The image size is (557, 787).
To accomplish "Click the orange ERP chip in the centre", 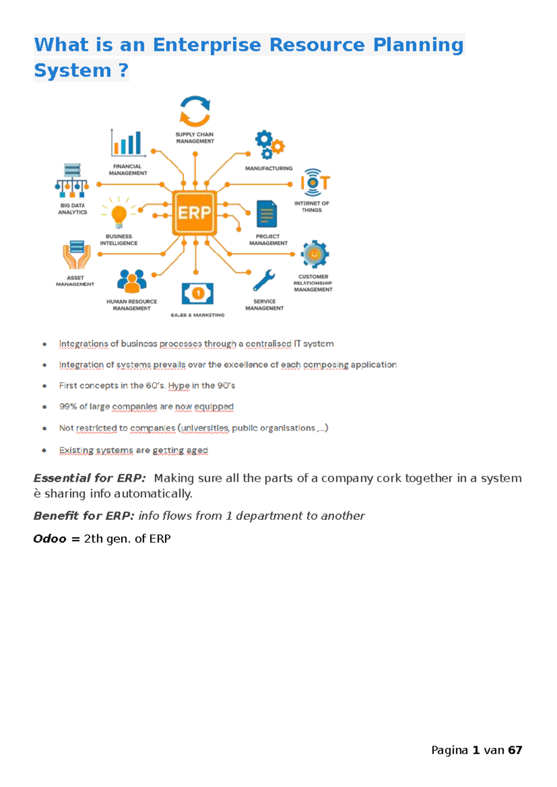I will [x=194, y=213].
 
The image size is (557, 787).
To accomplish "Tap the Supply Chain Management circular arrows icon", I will [x=195, y=111].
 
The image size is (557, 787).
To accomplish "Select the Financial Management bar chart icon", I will [x=128, y=143].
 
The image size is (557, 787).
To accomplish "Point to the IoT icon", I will [x=315, y=183].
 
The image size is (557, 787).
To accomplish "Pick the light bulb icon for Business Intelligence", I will [x=119, y=215].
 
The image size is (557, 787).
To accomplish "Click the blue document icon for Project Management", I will [x=267, y=214].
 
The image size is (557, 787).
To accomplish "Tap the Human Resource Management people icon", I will [x=132, y=281].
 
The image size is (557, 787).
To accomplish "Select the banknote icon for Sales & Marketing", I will [x=198, y=293].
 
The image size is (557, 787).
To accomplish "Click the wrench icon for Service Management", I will [x=264, y=280].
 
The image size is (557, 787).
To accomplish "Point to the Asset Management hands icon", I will [x=77, y=255].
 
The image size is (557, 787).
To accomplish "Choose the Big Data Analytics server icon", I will [x=72, y=180].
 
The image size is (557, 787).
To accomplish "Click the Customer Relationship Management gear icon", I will [x=314, y=254].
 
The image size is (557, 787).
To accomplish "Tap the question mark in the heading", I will [x=123, y=71].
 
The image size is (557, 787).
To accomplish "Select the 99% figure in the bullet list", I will [x=68, y=406].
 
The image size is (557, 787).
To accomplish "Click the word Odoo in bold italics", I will [x=50, y=539].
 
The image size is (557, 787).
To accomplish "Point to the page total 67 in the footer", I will [x=515, y=750].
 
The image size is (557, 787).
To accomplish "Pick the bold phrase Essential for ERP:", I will [x=90, y=478].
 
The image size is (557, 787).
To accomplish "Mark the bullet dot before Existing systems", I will [x=44, y=450].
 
